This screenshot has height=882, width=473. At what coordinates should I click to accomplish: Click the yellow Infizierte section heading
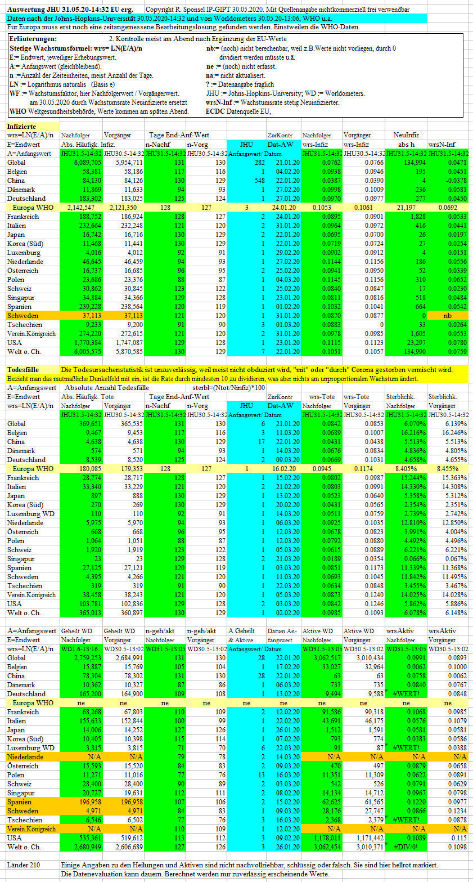coord(21,127)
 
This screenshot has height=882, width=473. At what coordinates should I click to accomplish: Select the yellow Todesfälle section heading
coord(23,370)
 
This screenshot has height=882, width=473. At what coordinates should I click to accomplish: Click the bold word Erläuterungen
coord(33,39)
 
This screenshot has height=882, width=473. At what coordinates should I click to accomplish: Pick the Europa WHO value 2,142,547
coord(81,208)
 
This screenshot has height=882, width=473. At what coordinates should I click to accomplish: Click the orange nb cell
coord(448,316)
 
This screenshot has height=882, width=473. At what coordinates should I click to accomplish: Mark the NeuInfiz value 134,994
coord(415,163)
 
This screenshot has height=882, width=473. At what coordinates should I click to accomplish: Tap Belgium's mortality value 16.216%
coord(413,433)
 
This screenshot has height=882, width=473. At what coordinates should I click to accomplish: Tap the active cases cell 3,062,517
coord(327,658)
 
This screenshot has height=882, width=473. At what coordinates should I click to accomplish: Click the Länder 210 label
coord(24,865)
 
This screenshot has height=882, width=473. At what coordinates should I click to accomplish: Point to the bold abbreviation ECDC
coord(215,111)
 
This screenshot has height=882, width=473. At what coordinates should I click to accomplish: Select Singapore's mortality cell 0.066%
coord(415,559)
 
